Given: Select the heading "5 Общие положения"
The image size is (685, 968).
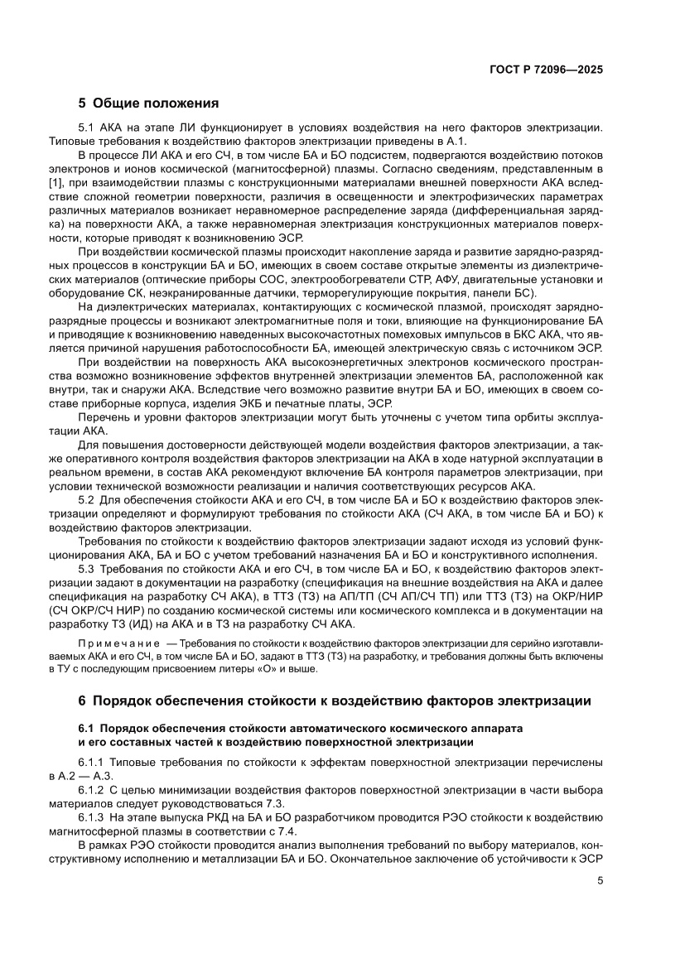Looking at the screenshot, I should click(x=148, y=104).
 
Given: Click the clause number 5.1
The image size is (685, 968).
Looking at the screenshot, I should click(x=87, y=128).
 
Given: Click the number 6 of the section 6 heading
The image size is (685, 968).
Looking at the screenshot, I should click(x=83, y=701).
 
